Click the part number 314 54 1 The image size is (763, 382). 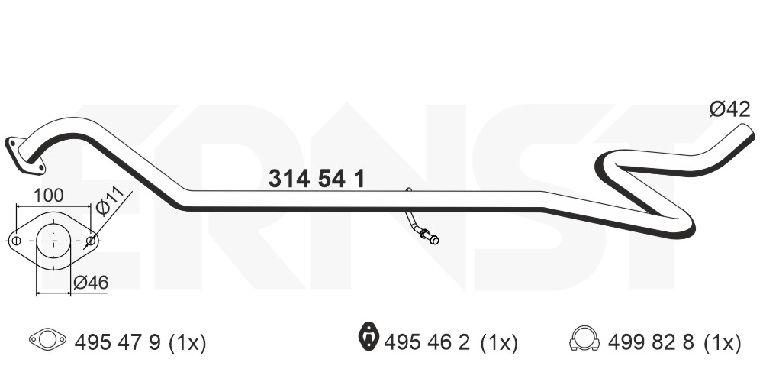(317, 179)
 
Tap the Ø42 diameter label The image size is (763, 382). (730, 109)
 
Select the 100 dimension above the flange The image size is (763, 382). (48, 196)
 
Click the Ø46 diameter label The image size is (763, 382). (91, 282)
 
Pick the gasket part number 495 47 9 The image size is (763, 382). (118, 343)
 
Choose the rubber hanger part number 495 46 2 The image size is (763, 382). (427, 343)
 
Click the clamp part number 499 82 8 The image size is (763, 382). (651, 343)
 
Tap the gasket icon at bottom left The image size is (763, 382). (47, 339)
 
